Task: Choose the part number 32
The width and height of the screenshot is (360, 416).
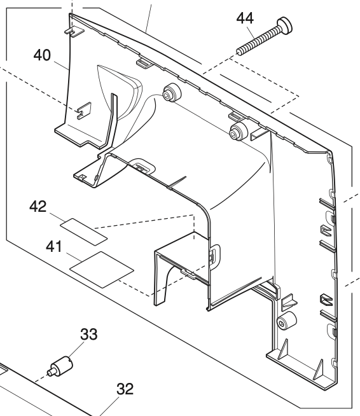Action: coord(125,389)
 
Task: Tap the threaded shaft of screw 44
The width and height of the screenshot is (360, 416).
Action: coord(254,41)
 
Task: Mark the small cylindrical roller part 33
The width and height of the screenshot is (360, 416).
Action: coord(62,367)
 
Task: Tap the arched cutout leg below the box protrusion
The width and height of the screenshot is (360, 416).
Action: coord(164,279)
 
